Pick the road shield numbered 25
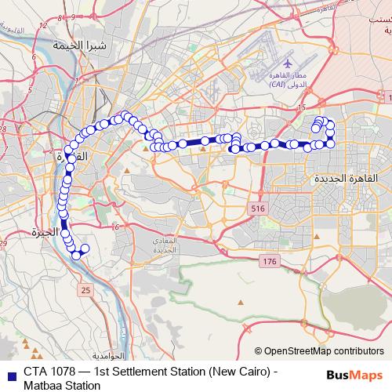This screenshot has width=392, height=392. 85,291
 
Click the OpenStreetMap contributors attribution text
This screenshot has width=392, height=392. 324,351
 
